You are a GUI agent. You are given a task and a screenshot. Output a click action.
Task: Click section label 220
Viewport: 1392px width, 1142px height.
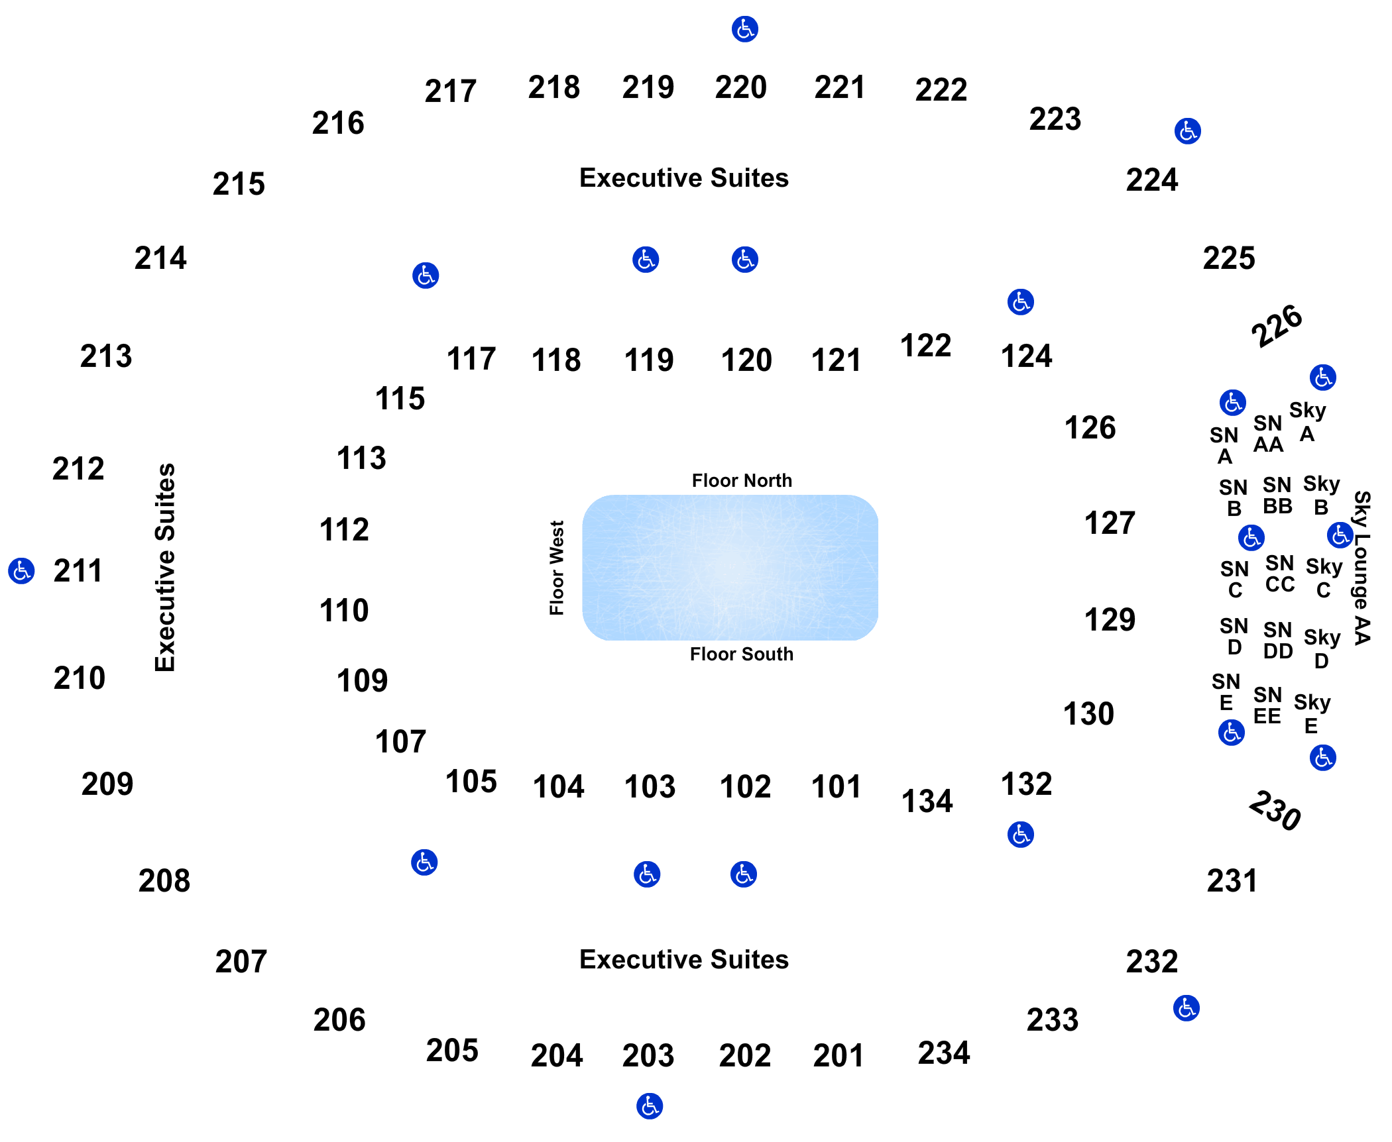[740, 87]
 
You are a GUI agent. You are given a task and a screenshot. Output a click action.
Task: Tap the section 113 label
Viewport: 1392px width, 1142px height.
[361, 458]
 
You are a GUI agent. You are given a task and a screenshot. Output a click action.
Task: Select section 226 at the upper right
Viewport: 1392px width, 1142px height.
[1277, 325]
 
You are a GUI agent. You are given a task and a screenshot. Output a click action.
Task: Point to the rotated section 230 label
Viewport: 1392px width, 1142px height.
[1275, 810]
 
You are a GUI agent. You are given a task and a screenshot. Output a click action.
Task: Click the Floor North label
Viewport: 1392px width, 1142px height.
[742, 480]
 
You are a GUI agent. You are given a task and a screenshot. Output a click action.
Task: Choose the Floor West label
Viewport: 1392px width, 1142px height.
[557, 568]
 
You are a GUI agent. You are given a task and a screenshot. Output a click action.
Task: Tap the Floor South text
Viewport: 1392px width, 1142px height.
[741, 654]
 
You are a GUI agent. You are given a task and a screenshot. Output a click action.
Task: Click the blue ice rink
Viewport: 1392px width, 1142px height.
[730, 568]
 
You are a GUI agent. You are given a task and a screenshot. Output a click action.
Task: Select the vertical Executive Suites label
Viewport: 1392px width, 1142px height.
[165, 567]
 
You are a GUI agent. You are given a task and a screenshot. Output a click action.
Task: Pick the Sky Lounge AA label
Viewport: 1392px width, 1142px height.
[1362, 568]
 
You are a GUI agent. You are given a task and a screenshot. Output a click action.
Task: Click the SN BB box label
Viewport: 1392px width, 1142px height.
[1277, 495]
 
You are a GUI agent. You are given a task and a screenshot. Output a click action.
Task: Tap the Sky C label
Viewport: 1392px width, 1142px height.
[1324, 578]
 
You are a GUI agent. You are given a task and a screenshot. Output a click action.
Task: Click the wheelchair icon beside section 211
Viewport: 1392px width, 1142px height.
[21, 570]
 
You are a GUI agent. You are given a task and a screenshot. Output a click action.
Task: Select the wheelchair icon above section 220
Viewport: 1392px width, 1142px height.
[745, 29]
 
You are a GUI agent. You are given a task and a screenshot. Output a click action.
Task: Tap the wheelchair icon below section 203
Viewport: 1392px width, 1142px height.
[650, 1106]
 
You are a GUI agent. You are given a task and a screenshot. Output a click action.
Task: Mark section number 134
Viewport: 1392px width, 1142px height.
[927, 802]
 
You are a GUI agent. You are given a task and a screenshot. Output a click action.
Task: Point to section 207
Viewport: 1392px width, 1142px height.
[241, 962]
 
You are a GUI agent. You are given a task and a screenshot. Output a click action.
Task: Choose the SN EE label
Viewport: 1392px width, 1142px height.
[1267, 705]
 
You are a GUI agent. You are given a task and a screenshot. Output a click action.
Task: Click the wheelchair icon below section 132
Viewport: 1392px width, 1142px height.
[1021, 835]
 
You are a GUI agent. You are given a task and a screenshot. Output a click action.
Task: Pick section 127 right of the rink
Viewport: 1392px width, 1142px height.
[1110, 523]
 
